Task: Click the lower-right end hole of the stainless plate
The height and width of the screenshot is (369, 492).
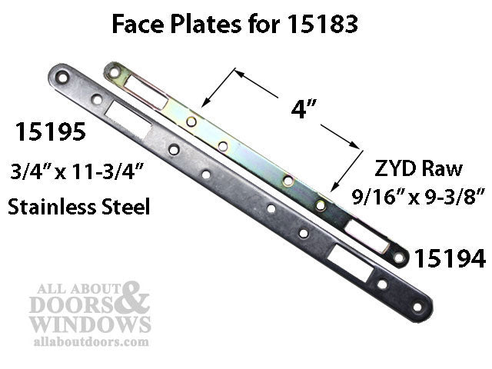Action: [417, 306]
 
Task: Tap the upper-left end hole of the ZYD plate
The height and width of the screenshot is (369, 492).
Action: [115, 72]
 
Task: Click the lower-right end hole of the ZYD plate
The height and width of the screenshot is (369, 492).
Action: [399, 258]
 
